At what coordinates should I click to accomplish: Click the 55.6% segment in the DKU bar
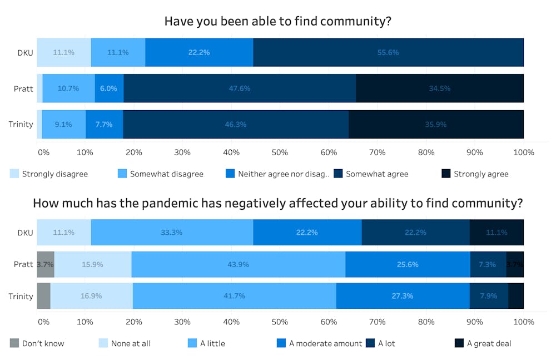(388, 52)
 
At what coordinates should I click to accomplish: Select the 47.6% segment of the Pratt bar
(239, 88)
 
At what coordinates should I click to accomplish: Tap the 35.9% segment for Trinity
(436, 124)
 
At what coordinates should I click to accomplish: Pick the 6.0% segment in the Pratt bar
(109, 88)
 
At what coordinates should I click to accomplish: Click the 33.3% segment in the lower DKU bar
(172, 233)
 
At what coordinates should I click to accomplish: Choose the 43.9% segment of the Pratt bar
(238, 264)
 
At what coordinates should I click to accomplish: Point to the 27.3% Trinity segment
(403, 296)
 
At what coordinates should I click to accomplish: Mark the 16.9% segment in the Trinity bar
(91, 296)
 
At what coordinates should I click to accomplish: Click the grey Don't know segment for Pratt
(45, 264)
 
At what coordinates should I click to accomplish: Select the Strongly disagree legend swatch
(14, 174)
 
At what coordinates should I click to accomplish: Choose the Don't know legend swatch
(14, 343)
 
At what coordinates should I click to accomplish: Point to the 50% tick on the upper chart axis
(279, 152)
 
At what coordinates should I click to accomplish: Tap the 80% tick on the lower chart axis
(426, 322)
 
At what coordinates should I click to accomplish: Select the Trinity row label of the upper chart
(21, 124)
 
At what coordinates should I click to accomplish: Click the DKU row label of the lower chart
(24, 233)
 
